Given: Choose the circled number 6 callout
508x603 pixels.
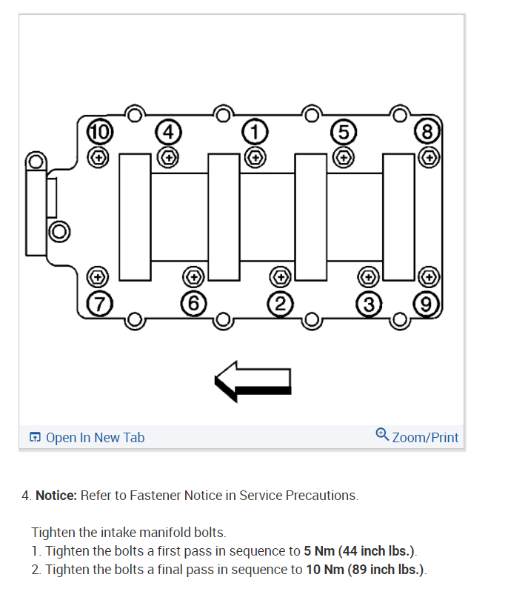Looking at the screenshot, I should point(193,302).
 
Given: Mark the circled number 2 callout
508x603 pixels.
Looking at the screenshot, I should point(280,302).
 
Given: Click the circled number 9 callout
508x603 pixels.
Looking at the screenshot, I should point(427,302).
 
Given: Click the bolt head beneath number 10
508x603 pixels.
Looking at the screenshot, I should point(98,156).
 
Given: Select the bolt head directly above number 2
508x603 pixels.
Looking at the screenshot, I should point(280,277).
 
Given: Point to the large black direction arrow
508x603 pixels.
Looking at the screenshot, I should point(254,380).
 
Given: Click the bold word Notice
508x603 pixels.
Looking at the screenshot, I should point(56,496).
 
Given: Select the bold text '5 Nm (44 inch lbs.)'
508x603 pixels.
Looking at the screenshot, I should point(359,551).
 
